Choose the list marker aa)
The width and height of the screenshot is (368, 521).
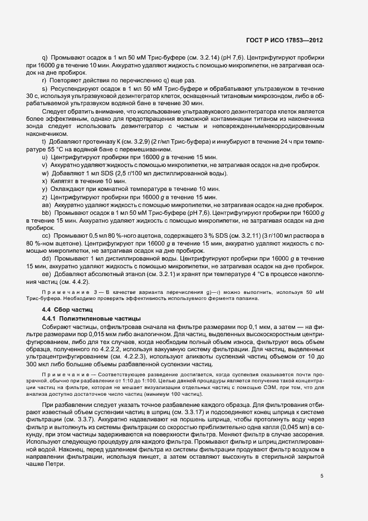tap(46, 205)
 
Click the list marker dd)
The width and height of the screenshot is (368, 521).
tap(46, 259)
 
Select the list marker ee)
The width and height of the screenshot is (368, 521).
tap(46, 274)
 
